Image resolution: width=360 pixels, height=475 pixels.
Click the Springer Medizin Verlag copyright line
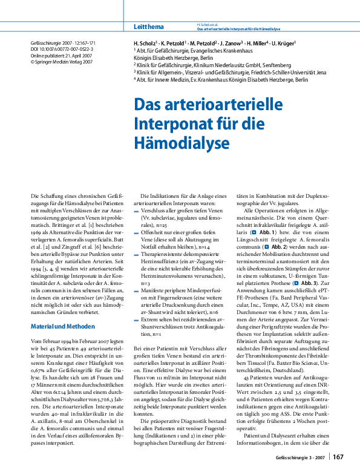click(62, 62)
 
